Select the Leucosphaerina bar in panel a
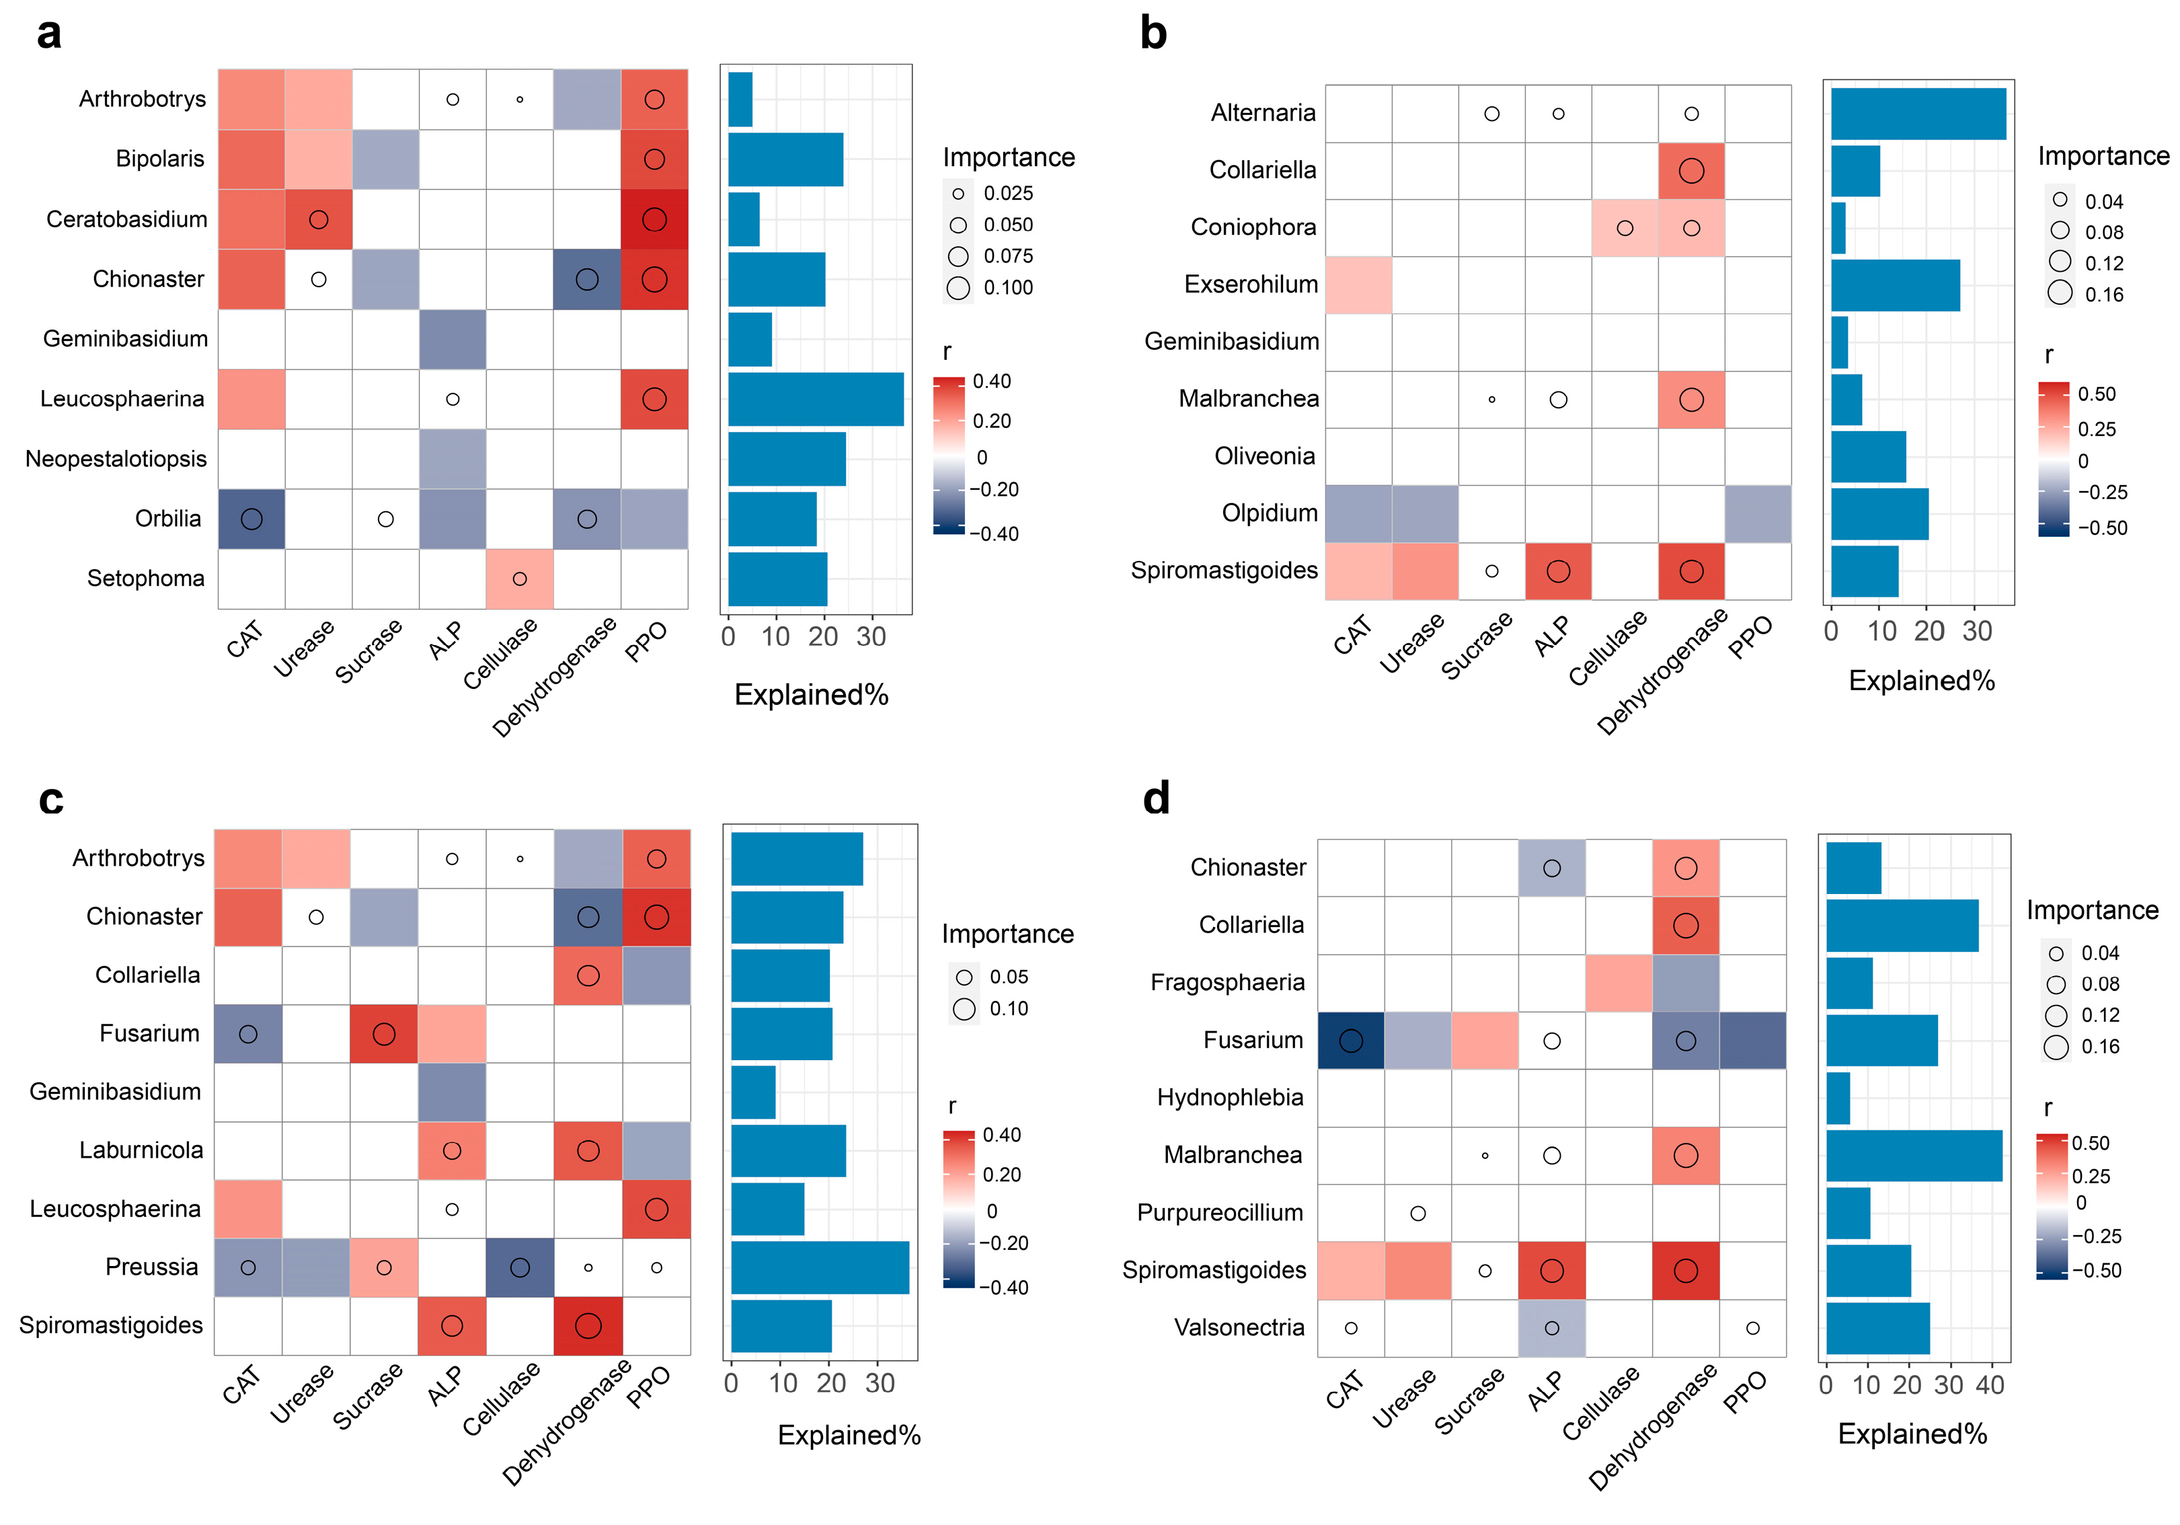point(816,399)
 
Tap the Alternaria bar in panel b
point(1918,114)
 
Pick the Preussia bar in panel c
point(820,1267)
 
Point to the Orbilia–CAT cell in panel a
point(251,519)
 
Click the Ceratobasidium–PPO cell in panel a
point(654,219)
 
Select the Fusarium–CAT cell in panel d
point(1350,1041)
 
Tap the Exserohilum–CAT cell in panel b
point(1359,285)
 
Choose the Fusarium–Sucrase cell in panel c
point(383,1033)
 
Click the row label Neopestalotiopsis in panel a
point(116,459)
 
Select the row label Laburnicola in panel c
point(141,1150)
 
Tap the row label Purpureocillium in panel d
point(1219,1213)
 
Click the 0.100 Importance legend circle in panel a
point(958,288)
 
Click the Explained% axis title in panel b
point(1921,681)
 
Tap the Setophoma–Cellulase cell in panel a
point(519,579)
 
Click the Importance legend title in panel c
point(1007,934)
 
